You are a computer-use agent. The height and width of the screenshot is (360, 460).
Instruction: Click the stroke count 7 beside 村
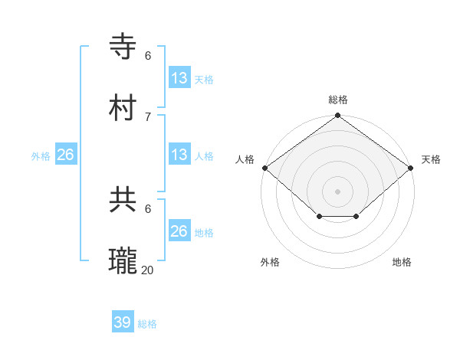(148, 116)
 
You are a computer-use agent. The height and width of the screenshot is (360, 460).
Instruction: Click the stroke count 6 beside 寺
(148, 55)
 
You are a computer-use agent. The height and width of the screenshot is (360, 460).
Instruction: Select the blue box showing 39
(123, 322)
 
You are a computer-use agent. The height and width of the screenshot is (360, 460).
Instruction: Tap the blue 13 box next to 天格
(179, 77)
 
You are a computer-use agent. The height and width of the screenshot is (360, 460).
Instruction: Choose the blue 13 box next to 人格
(179, 155)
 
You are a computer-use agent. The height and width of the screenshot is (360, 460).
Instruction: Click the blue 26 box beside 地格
(179, 231)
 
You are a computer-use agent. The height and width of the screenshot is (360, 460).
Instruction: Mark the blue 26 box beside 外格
(65, 155)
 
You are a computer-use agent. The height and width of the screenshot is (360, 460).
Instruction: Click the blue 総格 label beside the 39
(147, 324)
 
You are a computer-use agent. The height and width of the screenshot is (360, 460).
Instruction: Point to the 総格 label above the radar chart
(338, 100)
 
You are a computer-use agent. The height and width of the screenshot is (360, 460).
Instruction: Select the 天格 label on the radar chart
(431, 159)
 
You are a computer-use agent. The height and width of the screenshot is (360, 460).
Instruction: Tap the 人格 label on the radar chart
(245, 159)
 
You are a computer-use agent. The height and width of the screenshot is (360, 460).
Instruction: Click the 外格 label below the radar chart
(270, 262)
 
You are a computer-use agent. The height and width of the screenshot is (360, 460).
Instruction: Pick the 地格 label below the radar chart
(402, 262)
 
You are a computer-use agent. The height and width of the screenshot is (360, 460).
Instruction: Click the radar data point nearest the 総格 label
(338, 116)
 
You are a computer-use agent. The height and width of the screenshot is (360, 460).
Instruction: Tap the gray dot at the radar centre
(338, 191)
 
